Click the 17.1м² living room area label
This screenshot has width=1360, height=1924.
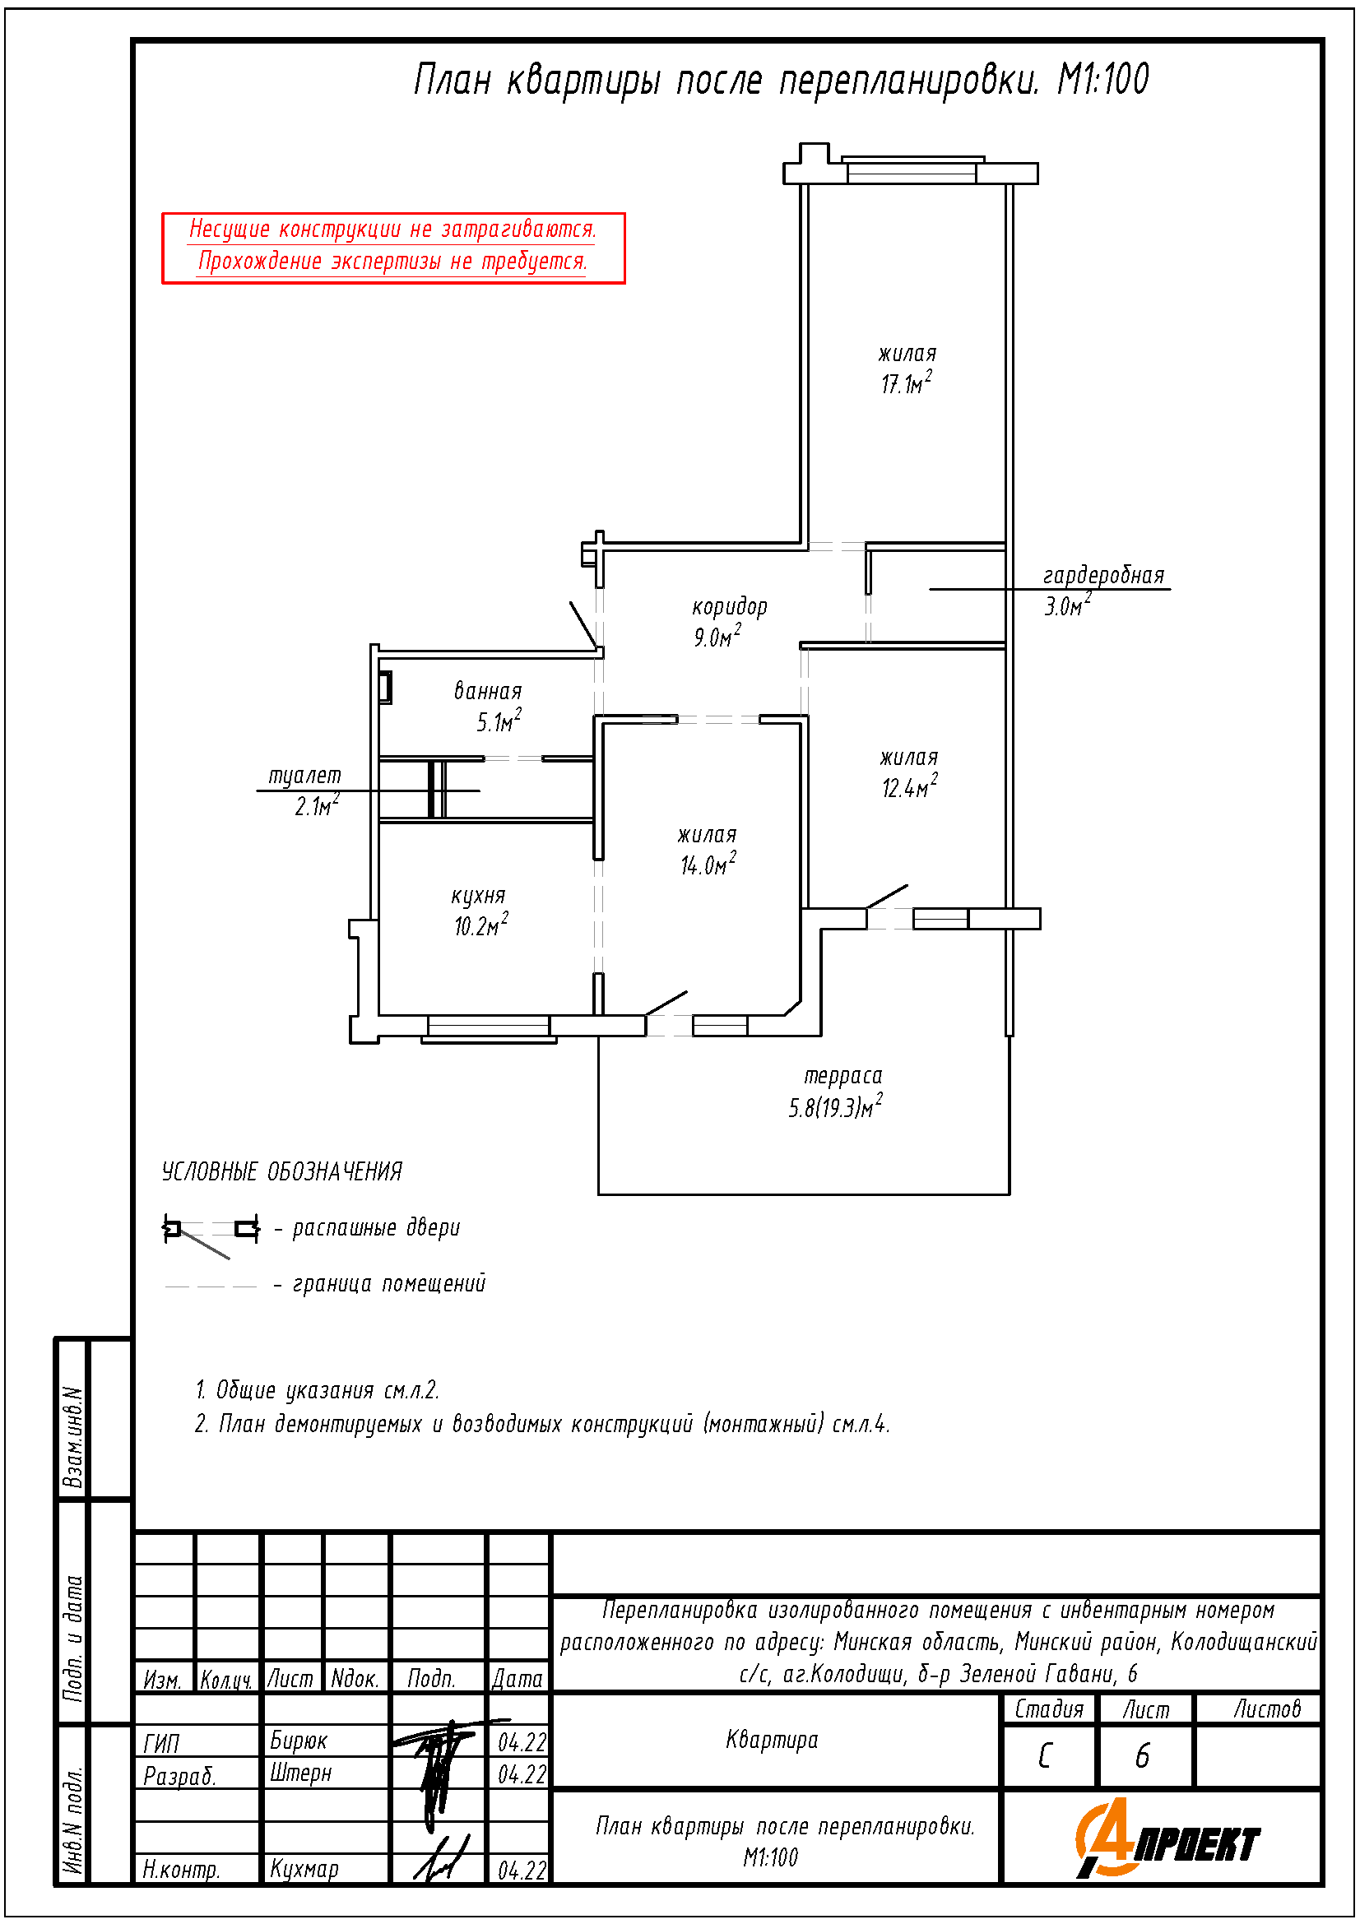(906, 384)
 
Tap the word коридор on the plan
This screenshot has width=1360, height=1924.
(729, 607)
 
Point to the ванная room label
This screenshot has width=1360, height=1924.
(488, 691)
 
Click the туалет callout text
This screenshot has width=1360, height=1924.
(304, 776)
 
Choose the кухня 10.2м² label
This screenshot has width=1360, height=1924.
(480, 911)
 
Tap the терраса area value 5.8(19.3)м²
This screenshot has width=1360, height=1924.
(835, 1107)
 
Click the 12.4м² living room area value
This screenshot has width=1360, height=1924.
(909, 788)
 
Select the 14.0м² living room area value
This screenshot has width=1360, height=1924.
(708, 864)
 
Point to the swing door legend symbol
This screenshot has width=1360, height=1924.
(211, 1233)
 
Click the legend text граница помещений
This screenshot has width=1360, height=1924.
(389, 1284)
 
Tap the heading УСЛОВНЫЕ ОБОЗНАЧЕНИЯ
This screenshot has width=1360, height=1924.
(281, 1171)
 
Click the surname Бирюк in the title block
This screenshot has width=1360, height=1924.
(299, 1741)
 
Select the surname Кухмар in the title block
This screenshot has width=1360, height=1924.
(304, 1870)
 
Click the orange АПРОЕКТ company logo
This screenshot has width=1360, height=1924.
(1167, 1838)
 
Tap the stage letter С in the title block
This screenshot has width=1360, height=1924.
(1045, 1756)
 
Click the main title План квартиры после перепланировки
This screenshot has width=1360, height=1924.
(726, 81)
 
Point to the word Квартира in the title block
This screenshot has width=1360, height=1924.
(772, 1741)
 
